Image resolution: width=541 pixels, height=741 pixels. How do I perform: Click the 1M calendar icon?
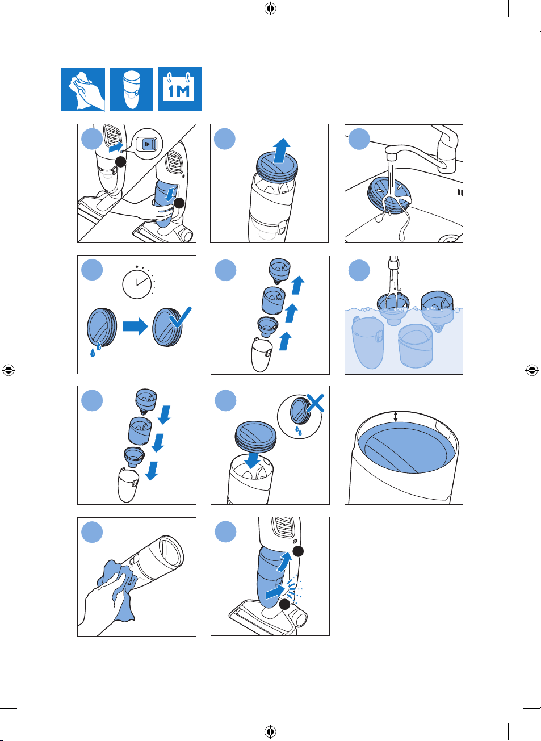click(x=179, y=89)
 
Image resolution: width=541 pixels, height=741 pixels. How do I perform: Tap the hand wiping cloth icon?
click(x=83, y=89)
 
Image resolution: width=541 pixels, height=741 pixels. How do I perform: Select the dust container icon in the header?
click(x=131, y=89)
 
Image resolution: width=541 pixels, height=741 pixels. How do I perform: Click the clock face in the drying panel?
click(x=137, y=284)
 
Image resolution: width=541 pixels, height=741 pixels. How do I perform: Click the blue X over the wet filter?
click(x=315, y=403)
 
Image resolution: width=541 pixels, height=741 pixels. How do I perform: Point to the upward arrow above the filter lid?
click(x=282, y=150)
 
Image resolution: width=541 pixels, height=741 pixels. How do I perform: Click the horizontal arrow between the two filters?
click(x=136, y=326)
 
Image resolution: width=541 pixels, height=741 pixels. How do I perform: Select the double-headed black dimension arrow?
click(x=396, y=417)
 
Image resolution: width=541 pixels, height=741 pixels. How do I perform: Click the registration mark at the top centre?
click(x=270, y=9)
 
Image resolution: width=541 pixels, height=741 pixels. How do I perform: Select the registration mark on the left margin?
click(x=9, y=370)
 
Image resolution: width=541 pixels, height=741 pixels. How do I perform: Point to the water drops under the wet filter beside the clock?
click(x=95, y=349)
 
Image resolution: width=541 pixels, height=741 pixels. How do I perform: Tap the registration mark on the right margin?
click(x=532, y=370)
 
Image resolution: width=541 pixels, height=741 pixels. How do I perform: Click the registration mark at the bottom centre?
click(x=270, y=731)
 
